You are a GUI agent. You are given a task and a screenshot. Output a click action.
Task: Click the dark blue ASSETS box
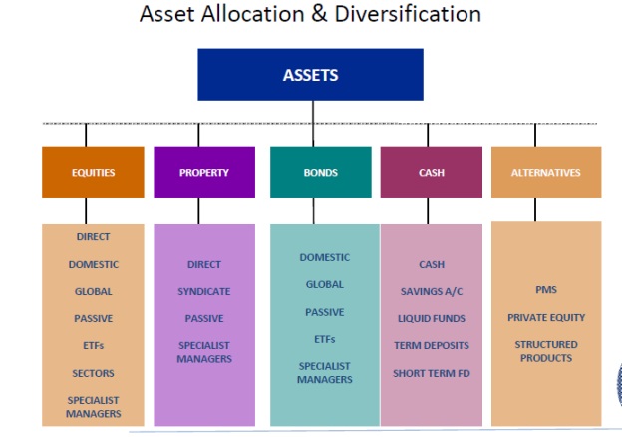tap(310, 75)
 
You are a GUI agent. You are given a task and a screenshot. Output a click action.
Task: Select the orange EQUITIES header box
tap(93, 172)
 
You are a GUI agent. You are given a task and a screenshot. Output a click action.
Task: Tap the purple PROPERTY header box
tap(204, 172)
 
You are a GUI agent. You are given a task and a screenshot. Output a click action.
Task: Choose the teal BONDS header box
tap(320, 172)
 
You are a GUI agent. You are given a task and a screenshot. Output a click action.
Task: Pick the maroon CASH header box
tap(431, 172)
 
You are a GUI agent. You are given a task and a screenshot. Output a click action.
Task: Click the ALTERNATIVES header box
tap(545, 172)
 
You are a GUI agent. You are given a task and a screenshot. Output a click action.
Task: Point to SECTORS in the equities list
tap(93, 373)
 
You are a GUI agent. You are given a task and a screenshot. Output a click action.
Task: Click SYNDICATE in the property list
tap(203, 292)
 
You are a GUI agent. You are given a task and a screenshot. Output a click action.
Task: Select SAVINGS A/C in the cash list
tap(432, 292)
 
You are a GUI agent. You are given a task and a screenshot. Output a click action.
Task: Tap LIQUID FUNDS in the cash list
tap(432, 319)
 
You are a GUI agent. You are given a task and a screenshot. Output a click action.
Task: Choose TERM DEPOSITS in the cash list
tap(432, 346)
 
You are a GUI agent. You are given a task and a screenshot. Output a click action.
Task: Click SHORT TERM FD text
tap(432, 374)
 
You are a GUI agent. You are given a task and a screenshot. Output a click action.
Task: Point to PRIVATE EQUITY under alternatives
tap(546, 318)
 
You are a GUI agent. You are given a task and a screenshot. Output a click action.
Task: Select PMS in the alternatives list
tap(546, 290)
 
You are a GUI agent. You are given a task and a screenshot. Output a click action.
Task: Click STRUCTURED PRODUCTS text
tap(546, 351)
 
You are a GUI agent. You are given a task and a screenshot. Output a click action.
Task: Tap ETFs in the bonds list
tap(324, 339)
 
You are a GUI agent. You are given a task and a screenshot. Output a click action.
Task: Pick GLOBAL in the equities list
tap(93, 292)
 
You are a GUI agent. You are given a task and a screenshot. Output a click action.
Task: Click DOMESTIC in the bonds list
tap(324, 257)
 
